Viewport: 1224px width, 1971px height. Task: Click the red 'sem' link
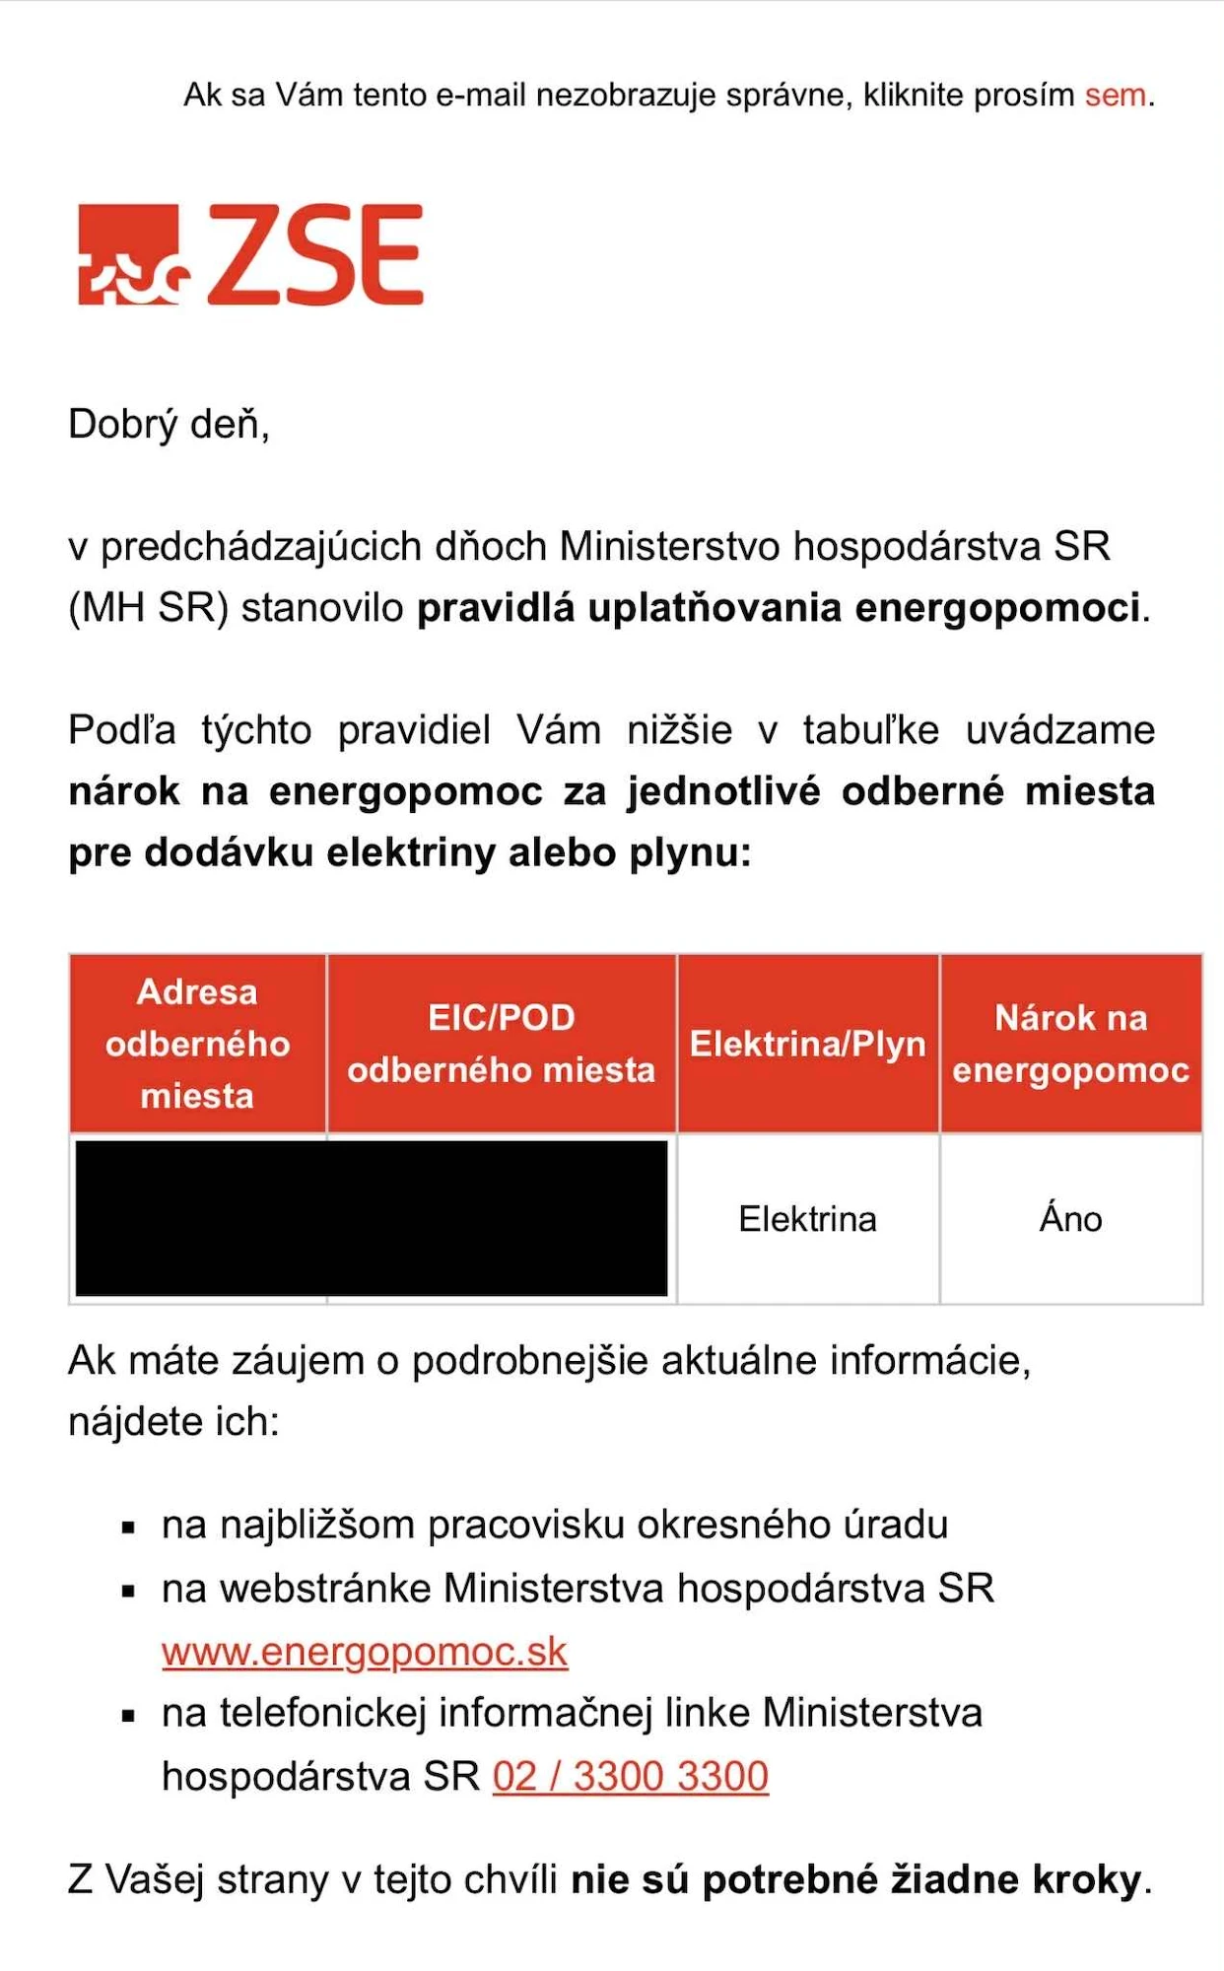[x=1116, y=96]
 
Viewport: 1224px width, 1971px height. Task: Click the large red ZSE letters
[x=315, y=254]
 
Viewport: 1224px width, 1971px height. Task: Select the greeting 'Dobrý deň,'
[x=169, y=425]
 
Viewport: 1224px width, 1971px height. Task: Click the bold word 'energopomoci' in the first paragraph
[x=996, y=608]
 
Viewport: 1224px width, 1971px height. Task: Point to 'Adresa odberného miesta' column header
[x=197, y=1044]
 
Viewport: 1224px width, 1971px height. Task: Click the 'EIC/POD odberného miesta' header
[x=501, y=1044]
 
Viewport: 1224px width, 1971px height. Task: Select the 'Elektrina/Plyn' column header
[x=807, y=1044]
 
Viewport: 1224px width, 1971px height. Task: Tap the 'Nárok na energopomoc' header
[x=1070, y=1044]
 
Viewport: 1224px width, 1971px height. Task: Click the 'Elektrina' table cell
[x=807, y=1219]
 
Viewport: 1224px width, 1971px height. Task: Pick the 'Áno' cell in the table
[x=1070, y=1219]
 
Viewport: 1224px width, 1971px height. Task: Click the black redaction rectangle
[x=372, y=1218]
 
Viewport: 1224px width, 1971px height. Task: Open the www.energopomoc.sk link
[x=365, y=1652]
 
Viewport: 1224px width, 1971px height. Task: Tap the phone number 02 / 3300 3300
[x=631, y=1776]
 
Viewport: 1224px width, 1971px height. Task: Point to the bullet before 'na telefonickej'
[x=128, y=1716]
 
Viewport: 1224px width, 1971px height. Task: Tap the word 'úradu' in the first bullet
[x=896, y=1525]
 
